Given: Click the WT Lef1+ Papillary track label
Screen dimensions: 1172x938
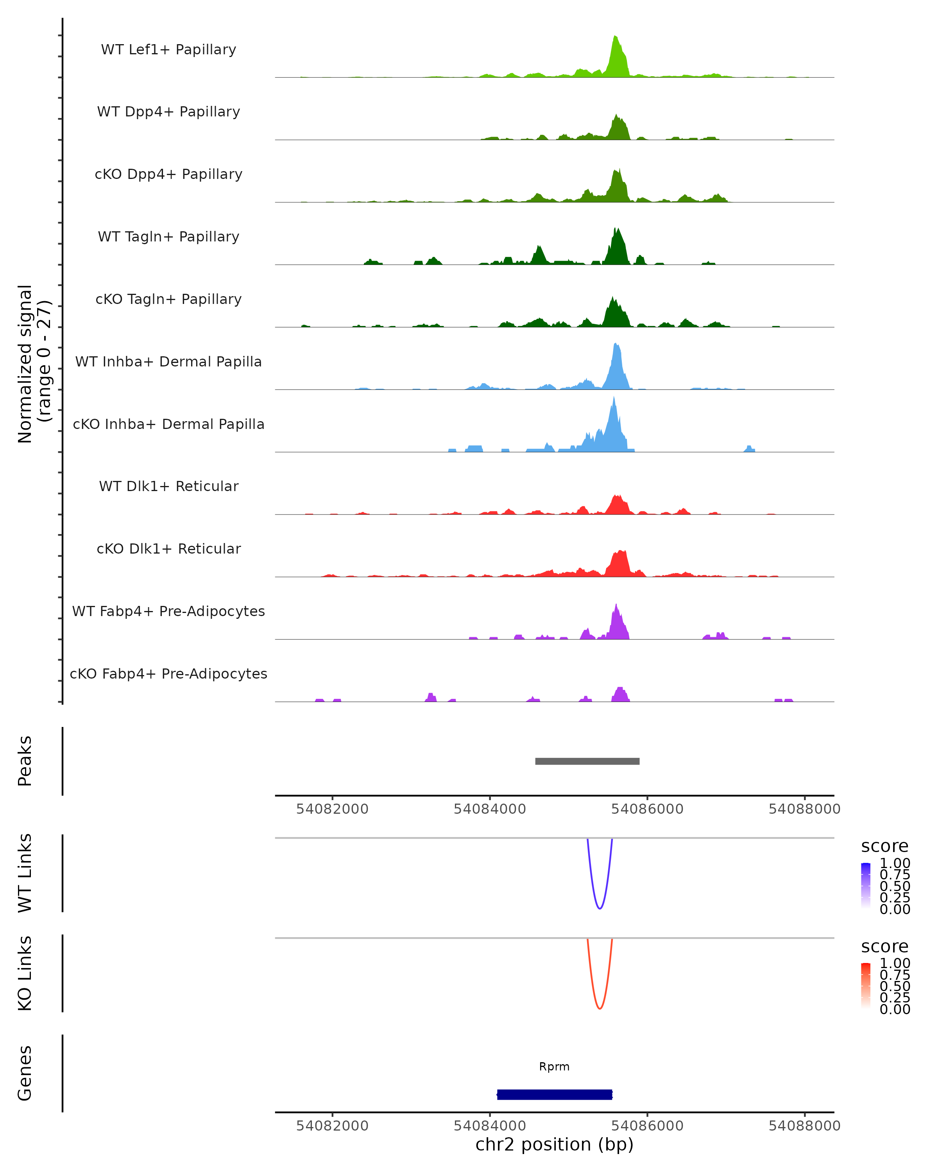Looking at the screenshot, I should coord(168,50).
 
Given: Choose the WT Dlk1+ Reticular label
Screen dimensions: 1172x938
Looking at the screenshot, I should coord(168,486).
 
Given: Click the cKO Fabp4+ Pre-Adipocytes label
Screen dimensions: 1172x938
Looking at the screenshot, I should coord(168,674).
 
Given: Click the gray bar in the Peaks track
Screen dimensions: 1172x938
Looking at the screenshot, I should coord(587,761).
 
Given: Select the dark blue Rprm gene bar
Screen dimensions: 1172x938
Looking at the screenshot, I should coord(555,1094).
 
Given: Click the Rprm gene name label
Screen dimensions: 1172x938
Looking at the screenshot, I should coord(554,1067).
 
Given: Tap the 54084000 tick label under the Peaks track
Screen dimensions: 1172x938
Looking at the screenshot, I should coord(490,809).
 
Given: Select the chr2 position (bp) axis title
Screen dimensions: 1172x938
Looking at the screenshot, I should coord(554,1145).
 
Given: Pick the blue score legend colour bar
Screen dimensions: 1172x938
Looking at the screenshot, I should coord(866,886).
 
